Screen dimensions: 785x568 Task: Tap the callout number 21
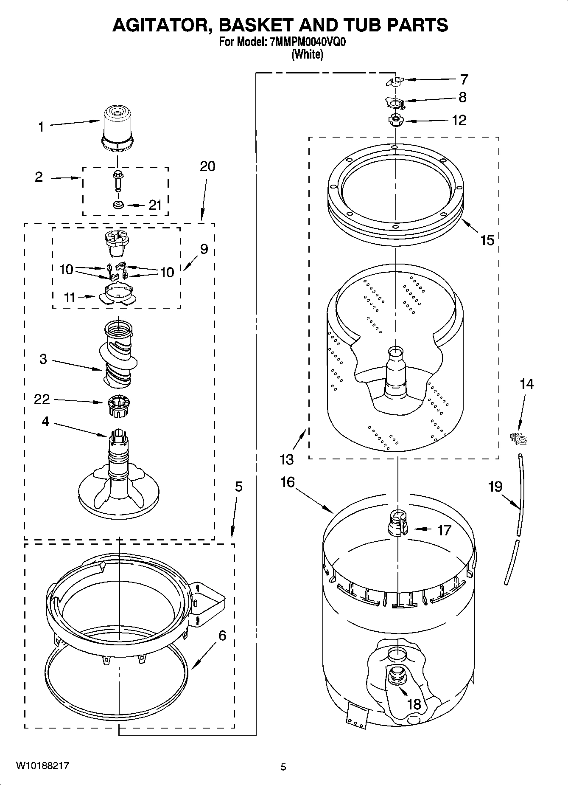[155, 205]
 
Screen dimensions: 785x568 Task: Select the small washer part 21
[118, 205]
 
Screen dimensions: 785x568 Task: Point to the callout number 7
[464, 79]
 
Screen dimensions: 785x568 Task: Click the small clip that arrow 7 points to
[396, 81]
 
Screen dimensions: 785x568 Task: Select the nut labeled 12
[395, 120]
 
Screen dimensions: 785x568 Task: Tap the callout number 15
[487, 240]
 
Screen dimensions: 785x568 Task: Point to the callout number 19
[495, 487]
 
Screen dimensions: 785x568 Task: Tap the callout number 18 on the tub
[414, 704]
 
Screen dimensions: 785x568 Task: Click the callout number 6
[222, 636]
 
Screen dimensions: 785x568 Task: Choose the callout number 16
[288, 482]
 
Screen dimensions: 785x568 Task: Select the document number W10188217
[42, 766]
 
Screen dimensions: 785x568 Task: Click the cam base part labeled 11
[118, 294]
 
